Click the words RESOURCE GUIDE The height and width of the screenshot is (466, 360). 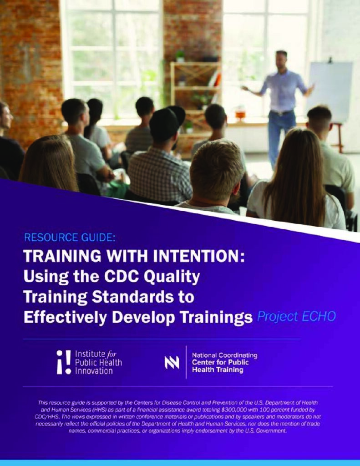(69, 238)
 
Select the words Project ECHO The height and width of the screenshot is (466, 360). (296, 317)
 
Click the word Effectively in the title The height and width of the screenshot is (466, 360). (65, 317)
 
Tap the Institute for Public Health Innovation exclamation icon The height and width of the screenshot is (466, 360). (64, 362)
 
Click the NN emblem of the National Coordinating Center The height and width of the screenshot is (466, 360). (172, 362)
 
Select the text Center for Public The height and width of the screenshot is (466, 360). (220, 362)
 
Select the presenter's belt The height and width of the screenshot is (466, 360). (281, 113)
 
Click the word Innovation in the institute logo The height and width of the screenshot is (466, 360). (94, 371)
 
